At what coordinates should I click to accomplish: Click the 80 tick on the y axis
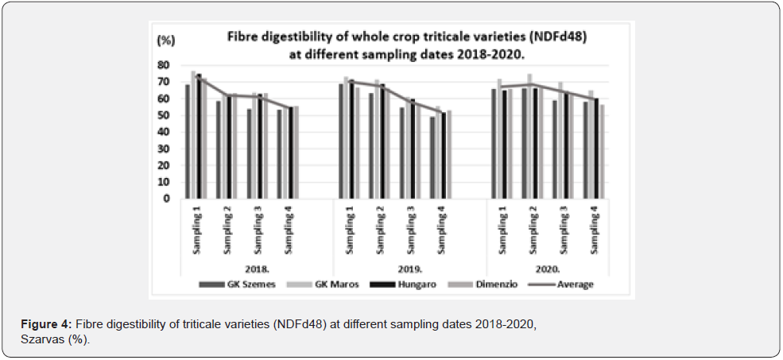(164, 64)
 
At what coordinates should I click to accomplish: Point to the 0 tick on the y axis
(166, 199)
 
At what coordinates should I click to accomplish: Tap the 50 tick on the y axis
(164, 115)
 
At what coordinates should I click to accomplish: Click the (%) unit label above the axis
(165, 39)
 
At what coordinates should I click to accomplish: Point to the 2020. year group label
(549, 270)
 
